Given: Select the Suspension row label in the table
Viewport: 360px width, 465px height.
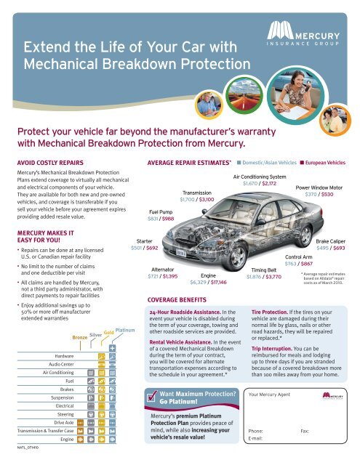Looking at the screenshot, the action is tap(63, 398).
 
